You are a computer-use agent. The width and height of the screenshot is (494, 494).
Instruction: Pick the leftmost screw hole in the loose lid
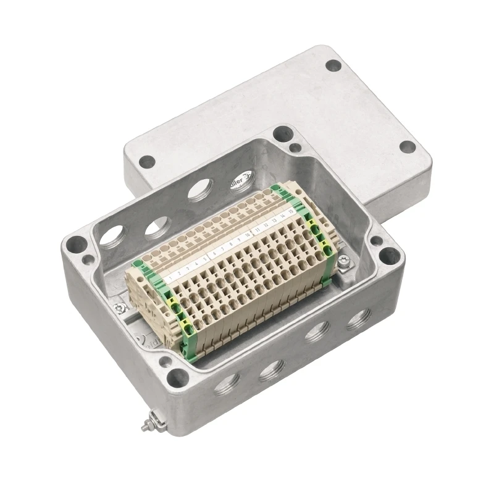[x=147, y=162]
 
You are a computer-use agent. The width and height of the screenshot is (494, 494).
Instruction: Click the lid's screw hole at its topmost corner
[x=333, y=64]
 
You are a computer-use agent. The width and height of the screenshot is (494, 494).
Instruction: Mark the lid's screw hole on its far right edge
[x=407, y=147]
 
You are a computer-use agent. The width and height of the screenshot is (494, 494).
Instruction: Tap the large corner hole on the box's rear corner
[x=282, y=133]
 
